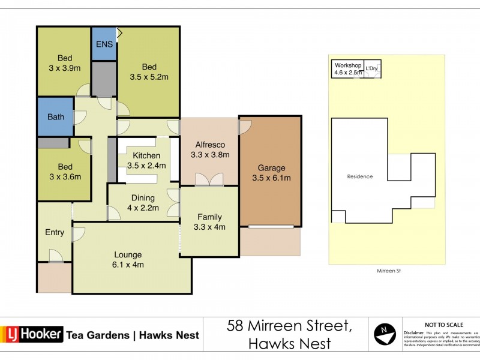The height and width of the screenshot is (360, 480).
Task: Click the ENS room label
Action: pos(104,44)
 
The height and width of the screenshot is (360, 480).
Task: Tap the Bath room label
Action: pos(56,117)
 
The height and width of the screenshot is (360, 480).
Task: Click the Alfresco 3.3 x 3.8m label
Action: pos(210,149)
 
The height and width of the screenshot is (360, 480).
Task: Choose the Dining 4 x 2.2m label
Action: pos(143,203)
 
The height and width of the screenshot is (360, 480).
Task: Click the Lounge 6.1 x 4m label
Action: pos(128,259)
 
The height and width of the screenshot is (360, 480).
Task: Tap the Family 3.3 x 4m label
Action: pos(209,222)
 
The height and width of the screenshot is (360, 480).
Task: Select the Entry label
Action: pos(55,233)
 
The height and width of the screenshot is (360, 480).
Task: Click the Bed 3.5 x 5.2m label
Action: pos(149,71)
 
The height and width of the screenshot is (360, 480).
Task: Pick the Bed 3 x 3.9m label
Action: pos(65,63)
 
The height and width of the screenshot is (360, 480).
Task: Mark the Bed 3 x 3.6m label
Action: pos(65,171)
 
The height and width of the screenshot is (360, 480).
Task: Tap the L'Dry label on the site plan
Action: pos(372,68)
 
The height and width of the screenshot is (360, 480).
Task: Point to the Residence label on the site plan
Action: pos(360,176)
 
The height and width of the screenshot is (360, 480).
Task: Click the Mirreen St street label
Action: pos(386,271)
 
